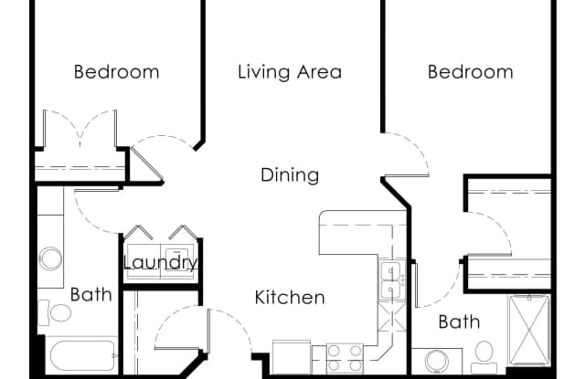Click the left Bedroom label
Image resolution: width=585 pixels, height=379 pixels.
coord(116,71)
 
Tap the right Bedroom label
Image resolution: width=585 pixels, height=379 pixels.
coord(470,71)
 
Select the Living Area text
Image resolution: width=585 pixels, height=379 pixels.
coord(289,71)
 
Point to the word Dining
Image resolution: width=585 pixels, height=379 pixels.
coord(289,174)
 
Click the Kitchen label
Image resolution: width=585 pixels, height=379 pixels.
coord(289,297)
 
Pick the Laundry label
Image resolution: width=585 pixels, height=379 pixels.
coord(160,263)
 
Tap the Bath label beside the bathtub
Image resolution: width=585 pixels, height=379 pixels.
coord(90,294)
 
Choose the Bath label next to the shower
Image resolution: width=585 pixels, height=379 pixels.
coord(459,321)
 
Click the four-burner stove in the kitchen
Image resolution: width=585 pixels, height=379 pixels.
coord(345,357)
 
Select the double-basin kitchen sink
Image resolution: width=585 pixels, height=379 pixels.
coord(389,279)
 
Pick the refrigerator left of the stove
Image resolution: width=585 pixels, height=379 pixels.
coord(291,358)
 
